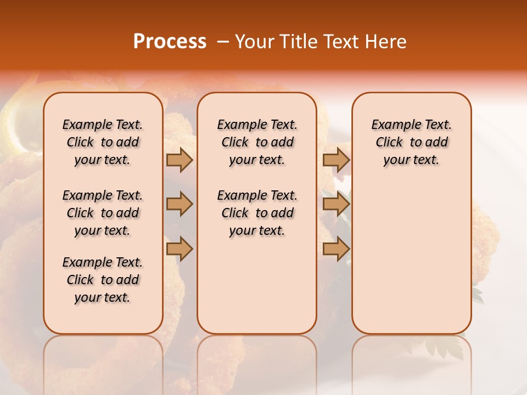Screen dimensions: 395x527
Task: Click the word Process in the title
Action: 170,42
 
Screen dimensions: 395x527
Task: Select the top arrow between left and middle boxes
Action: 180,160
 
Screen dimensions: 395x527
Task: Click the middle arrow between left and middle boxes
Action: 180,204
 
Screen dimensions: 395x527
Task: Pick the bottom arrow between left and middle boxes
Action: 180,249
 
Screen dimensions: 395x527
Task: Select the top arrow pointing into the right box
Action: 336,160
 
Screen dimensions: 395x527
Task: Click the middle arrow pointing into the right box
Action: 336,204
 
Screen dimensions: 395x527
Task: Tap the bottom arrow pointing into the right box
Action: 336,249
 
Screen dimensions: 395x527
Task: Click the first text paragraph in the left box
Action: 103,142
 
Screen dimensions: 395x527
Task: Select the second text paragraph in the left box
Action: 103,213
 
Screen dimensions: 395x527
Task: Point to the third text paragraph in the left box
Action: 103,280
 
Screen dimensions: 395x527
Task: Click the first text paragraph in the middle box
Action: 257,142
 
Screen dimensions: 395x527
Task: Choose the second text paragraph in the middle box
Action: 257,213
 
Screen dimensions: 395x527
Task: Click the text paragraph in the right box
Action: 411,142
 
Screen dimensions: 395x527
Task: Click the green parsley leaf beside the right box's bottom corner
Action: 477,296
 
